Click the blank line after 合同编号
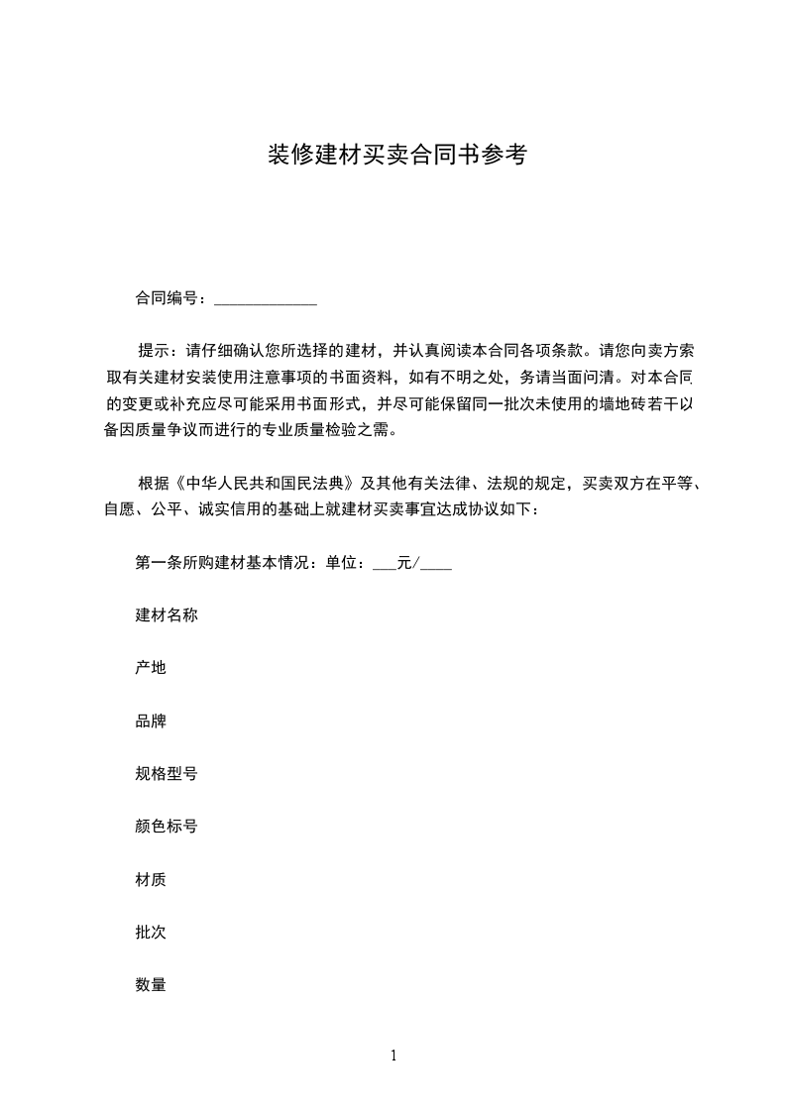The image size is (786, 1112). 266,298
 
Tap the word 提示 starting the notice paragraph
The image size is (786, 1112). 153,351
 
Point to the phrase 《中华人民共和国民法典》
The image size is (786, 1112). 265,484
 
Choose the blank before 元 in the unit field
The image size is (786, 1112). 384,566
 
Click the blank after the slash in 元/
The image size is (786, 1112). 436,566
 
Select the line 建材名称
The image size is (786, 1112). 167,615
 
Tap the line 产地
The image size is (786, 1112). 151,668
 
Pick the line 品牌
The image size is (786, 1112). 151,721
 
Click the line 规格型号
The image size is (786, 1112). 167,773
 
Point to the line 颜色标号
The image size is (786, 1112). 167,826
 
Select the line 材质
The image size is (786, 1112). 151,878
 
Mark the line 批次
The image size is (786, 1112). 151,932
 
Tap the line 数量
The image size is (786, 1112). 151,984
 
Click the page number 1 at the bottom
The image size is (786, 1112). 393,1056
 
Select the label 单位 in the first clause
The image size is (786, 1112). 341,564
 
